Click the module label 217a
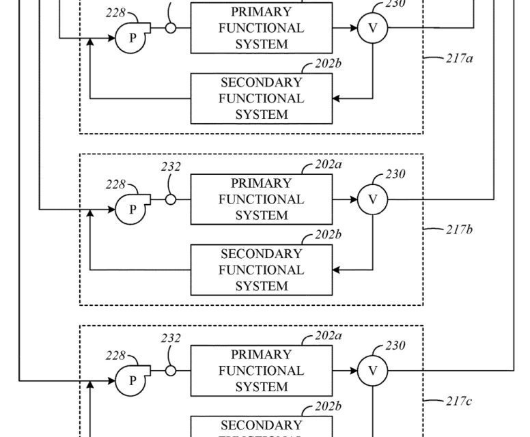[460, 57]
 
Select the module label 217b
[460, 229]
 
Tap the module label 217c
[460, 401]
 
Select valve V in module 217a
[373, 28]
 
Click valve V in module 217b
[373, 199]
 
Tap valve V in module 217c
[373, 371]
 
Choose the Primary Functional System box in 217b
[261, 199]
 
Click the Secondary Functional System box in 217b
[261, 270]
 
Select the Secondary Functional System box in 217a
[261, 98]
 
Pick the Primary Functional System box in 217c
[261, 371]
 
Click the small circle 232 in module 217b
[170, 199]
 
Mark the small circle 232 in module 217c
[170, 371]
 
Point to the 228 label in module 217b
[115, 184]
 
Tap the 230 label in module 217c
[395, 346]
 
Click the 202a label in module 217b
[329, 165]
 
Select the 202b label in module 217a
[329, 64]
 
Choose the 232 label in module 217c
[171, 338]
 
